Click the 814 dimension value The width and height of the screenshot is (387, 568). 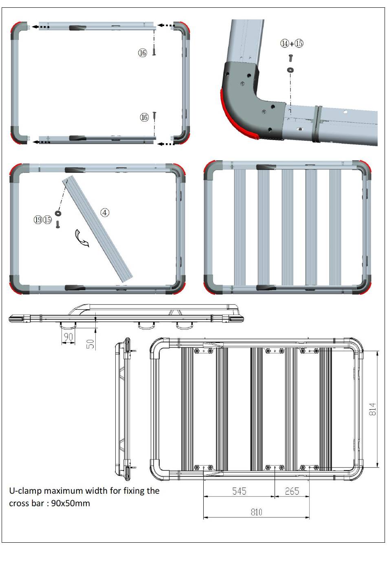tap(372, 409)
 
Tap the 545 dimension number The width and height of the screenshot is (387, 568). tap(239, 491)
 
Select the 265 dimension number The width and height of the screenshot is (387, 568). tap(292, 491)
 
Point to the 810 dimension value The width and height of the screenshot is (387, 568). tap(256, 512)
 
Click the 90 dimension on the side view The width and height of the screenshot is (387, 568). tap(68, 337)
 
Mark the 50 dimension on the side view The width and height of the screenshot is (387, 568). tap(90, 344)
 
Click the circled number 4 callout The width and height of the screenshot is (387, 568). tap(105, 213)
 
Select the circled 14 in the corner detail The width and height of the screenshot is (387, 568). tap(285, 43)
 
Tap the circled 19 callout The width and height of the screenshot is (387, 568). tap(38, 220)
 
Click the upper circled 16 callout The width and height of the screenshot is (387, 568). tap(143, 53)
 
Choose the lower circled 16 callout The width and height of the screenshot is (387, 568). tap(144, 117)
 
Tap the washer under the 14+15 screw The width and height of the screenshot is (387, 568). tap(290, 69)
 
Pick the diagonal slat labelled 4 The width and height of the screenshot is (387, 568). tap(97, 229)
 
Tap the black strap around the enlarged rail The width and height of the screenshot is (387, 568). tap(317, 124)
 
